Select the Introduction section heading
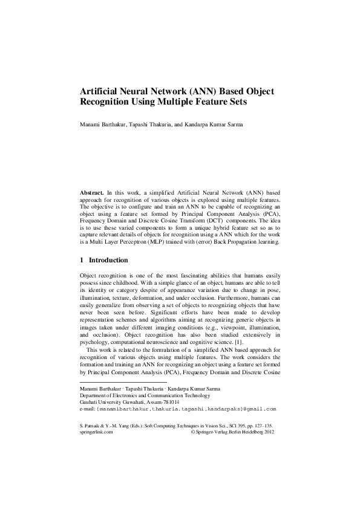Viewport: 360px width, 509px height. (x=108, y=261)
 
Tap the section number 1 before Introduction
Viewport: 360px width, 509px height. (x=82, y=261)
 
